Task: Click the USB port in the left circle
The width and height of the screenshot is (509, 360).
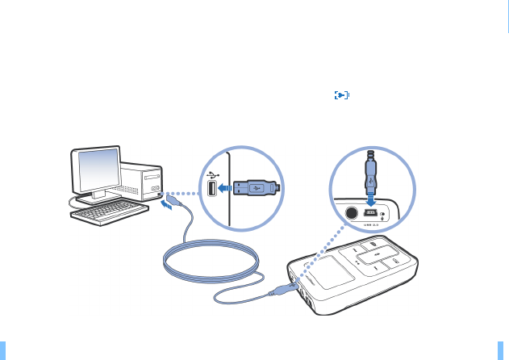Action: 211,189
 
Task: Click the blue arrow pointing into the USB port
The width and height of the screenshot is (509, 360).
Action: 227,189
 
